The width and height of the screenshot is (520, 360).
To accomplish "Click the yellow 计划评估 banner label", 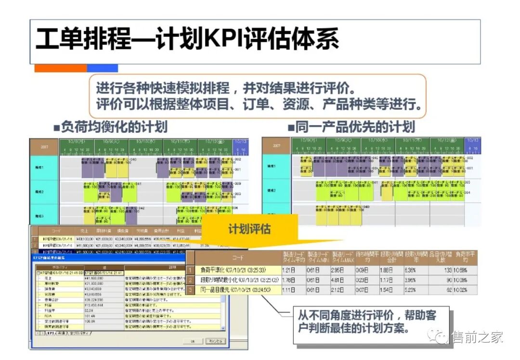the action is pyautogui.click(x=249, y=229).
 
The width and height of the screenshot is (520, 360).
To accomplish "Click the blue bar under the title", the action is pyautogui.click(x=102, y=68).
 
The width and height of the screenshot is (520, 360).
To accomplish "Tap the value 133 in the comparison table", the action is pyautogui.click(x=446, y=270).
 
